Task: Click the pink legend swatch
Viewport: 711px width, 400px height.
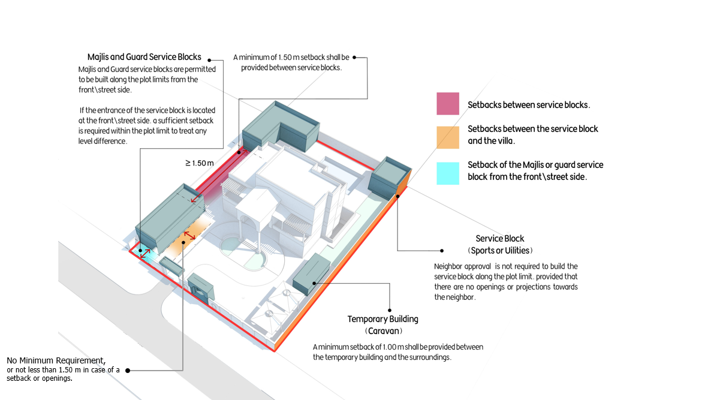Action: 448,103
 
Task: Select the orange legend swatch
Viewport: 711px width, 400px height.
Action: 448,137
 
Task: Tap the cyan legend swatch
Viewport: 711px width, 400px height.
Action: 448,173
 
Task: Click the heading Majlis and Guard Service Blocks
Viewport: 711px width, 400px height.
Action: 144,57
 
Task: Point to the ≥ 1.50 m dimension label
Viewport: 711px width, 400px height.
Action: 200,163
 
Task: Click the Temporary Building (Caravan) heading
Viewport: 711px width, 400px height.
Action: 382,324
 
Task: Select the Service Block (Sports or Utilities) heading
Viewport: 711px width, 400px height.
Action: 500,245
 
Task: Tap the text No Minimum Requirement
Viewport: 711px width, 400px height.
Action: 56,360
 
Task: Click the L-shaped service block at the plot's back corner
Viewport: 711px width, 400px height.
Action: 280,127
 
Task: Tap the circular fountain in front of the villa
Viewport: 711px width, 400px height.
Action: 243,252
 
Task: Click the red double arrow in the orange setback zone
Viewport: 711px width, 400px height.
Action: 189,235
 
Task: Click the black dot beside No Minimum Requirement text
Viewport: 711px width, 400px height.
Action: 128,371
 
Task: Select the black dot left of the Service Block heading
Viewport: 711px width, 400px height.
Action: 442,250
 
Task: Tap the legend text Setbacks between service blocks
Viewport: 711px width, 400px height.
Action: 529,105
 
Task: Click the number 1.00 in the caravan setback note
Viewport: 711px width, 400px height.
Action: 390,347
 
